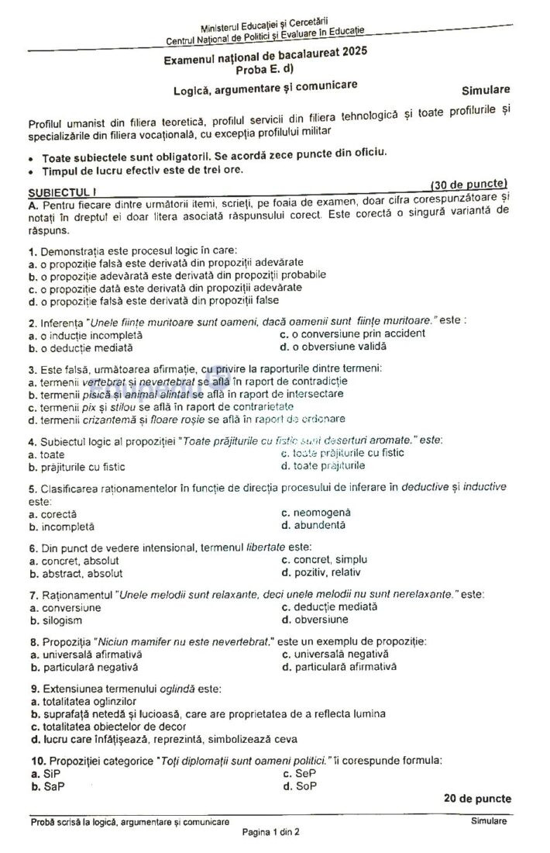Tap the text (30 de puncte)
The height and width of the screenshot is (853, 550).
[x=469, y=185]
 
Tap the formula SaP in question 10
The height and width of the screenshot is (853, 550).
[x=53, y=786]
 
